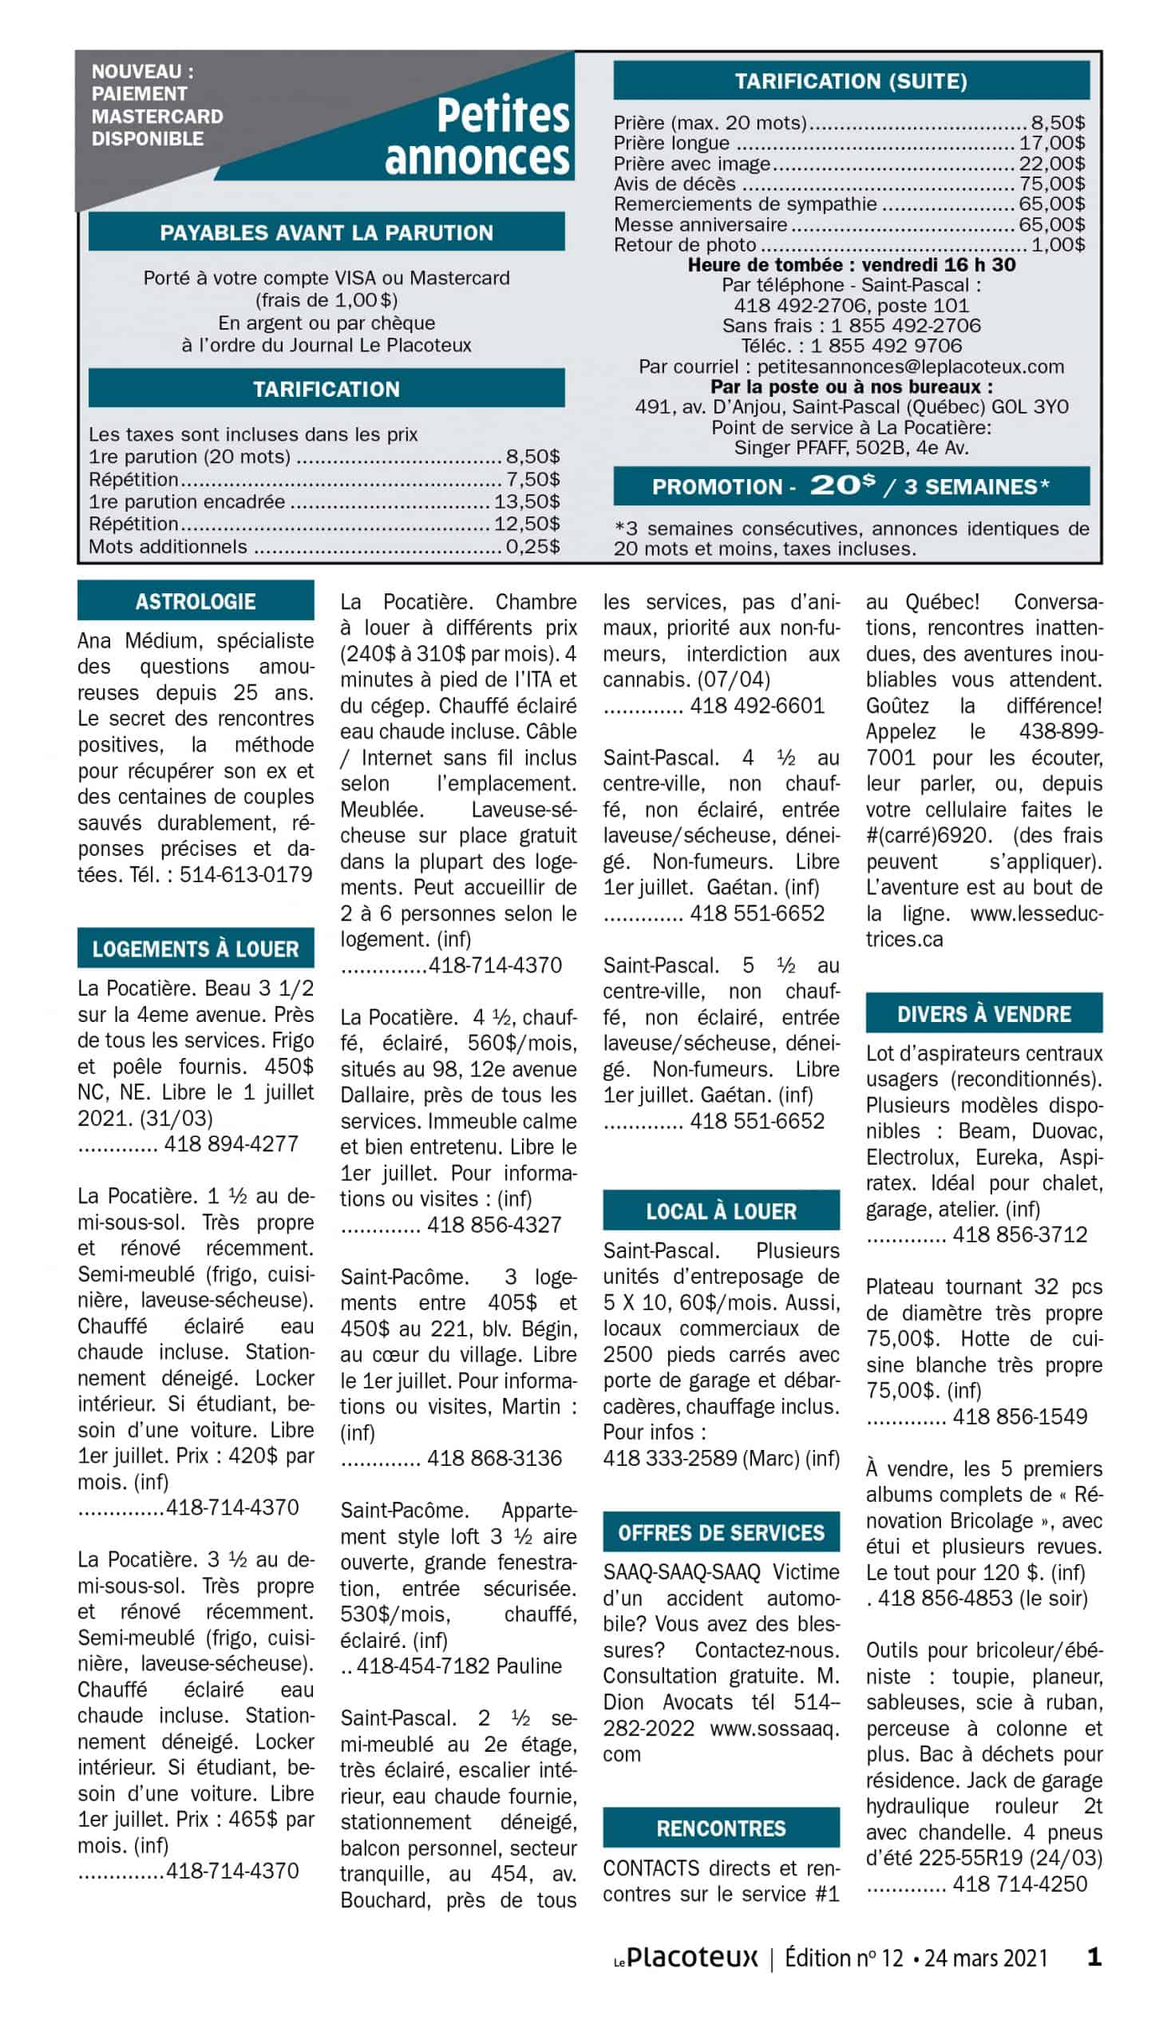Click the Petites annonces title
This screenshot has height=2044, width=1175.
pyautogui.click(x=478, y=137)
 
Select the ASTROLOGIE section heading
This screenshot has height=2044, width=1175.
pyautogui.click(x=196, y=601)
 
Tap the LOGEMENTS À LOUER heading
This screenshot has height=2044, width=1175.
pyautogui.click(x=196, y=949)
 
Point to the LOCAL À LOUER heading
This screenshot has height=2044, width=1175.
pyautogui.click(x=721, y=1210)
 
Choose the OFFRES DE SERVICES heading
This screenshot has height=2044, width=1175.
pyautogui.click(x=721, y=1532)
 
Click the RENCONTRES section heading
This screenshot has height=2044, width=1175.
pyautogui.click(x=721, y=1828)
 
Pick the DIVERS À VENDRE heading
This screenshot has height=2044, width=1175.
pyautogui.click(x=983, y=1013)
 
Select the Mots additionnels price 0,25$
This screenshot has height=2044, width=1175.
pyautogui.click(x=532, y=546)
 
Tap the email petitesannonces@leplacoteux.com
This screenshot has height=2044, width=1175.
pyautogui.click(x=910, y=366)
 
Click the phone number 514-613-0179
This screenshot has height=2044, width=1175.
pyautogui.click(x=245, y=875)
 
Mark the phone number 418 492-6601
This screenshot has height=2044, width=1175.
pyautogui.click(x=757, y=705)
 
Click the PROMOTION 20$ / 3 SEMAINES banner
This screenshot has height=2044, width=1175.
pyautogui.click(x=851, y=485)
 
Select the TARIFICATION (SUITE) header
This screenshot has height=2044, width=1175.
pyautogui.click(x=851, y=81)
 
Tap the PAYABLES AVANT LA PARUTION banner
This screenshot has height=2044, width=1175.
pyautogui.click(x=326, y=232)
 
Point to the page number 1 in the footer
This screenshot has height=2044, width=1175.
pyautogui.click(x=1094, y=1957)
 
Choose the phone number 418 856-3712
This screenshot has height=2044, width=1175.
pyautogui.click(x=1020, y=1234)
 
